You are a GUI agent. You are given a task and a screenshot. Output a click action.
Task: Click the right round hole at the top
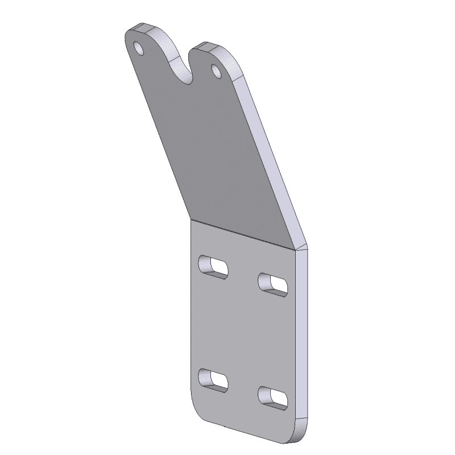[216, 71]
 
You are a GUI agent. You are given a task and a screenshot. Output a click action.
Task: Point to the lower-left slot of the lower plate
[213, 380]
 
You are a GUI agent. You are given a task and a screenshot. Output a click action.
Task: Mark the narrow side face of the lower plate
[302, 341]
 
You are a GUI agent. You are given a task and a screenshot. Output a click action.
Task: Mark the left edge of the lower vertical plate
[189, 313]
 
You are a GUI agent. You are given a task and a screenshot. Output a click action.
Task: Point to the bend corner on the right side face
[301, 248]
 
